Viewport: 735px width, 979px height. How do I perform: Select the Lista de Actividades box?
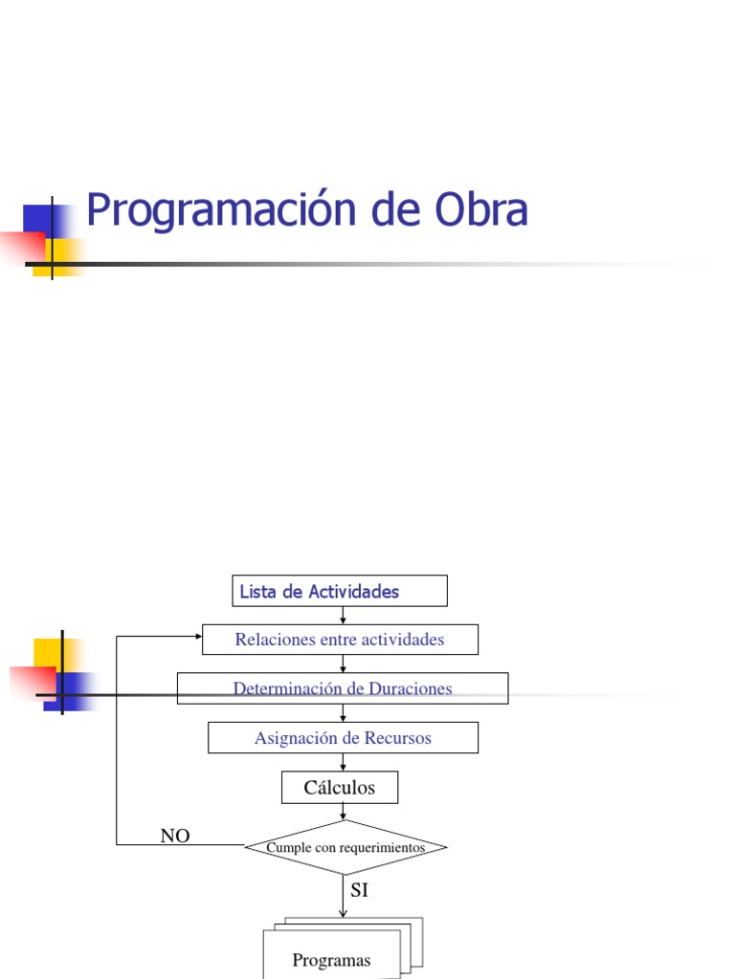[340, 591]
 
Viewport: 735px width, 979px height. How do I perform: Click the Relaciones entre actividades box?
[340, 640]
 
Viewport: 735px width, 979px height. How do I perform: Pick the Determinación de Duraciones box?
[343, 688]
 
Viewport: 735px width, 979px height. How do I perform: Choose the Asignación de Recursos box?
[343, 738]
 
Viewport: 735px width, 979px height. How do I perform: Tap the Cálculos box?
[340, 788]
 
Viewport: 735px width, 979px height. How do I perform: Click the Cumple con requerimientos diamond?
[345, 847]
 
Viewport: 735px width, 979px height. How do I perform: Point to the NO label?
[175, 837]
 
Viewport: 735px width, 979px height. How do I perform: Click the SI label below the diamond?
[359, 890]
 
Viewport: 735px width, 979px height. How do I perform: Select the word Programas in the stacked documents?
[331, 960]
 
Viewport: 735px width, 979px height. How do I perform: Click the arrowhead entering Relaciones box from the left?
[197, 636]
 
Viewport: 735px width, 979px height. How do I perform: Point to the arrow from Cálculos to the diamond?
[343, 812]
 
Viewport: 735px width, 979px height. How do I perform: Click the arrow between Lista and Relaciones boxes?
[343, 616]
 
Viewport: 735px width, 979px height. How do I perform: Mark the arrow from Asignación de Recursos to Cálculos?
[343, 763]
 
